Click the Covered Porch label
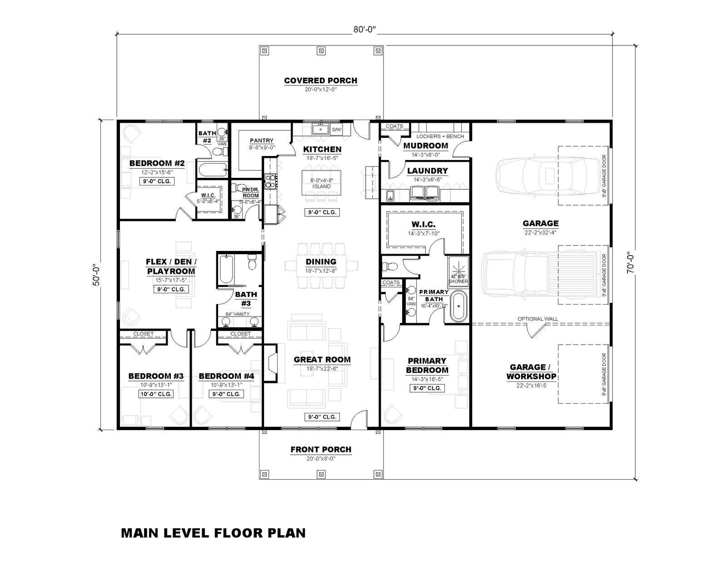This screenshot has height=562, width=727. (x=320, y=80)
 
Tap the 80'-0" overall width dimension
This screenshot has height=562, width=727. (x=365, y=30)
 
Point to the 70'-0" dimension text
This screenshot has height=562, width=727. (x=630, y=262)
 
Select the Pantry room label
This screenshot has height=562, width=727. (x=261, y=140)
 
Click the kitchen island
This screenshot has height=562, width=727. (x=321, y=181)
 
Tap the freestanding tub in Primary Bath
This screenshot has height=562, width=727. (x=458, y=307)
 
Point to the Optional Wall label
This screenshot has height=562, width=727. (x=538, y=319)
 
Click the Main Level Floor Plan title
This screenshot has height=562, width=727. (x=213, y=532)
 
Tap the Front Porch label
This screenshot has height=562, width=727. (x=321, y=449)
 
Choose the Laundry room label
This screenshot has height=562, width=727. (x=427, y=171)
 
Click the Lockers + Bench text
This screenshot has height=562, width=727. (x=440, y=136)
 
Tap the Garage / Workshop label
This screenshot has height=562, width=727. (x=531, y=371)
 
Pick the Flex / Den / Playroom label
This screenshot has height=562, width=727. (x=171, y=266)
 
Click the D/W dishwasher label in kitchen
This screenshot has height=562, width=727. (x=336, y=130)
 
